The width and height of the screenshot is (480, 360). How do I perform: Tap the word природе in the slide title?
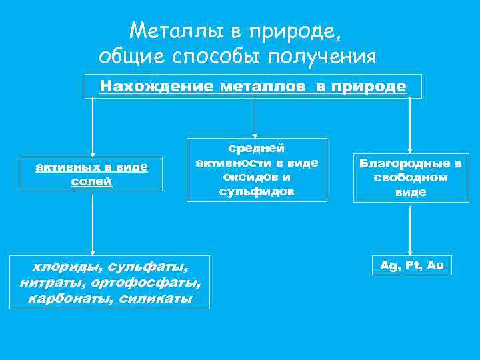point(299,31)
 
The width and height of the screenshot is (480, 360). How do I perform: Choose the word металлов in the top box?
point(257,86)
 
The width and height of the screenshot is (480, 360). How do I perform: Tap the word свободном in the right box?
point(410,177)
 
